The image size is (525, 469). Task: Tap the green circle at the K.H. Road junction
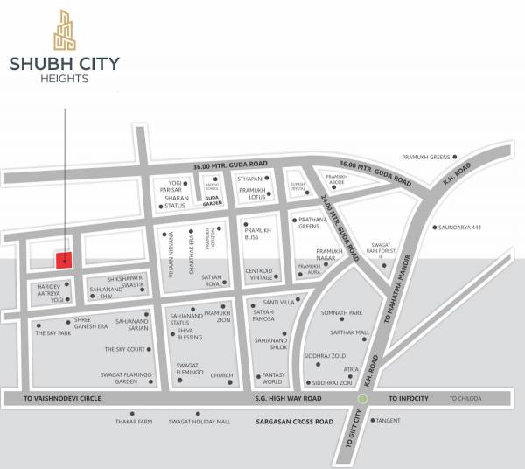click(x=360, y=399)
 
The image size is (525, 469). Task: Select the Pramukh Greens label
click(x=424, y=157)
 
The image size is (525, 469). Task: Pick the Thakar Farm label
click(x=135, y=422)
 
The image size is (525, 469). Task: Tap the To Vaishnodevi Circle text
click(x=63, y=398)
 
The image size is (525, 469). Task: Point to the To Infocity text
click(x=409, y=398)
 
